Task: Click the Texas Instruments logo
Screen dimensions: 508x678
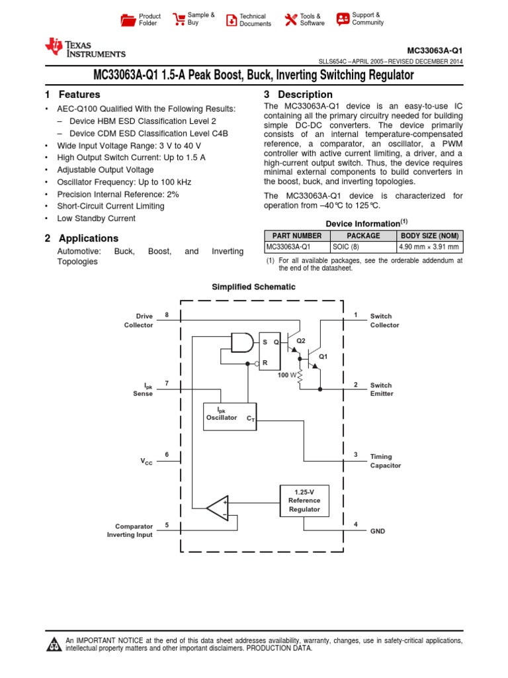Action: [84, 47]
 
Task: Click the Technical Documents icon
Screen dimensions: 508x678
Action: [231, 20]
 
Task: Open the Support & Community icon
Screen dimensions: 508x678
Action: [343, 19]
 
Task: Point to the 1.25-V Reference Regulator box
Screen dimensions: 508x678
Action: [304, 501]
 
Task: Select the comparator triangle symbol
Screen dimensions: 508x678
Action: [218, 508]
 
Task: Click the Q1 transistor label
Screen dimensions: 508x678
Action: [323, 356]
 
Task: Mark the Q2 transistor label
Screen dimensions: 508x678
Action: [301, 340]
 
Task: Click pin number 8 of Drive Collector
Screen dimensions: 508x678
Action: [167, 315]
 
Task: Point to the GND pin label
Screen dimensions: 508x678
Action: [378, 531]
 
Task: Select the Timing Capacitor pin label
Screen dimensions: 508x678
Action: [385, 461]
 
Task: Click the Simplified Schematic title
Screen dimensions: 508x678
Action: [253, 287]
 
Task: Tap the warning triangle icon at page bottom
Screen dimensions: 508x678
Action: [53, 644]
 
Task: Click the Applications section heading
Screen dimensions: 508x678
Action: [89, 238]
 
